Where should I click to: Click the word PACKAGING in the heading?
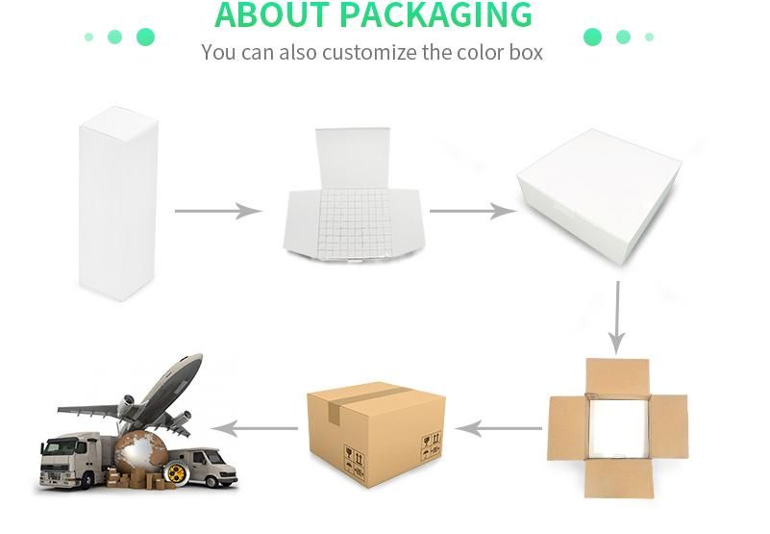pos(435,14)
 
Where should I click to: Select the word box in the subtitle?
pos(525,52)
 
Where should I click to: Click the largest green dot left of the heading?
pos(145,38)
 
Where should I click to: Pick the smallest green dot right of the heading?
pos(650,38)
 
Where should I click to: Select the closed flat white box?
pos(599,196)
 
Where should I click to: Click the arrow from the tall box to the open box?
pos(218,211)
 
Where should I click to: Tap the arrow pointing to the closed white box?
pos(472,211)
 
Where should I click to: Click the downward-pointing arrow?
pos(617,317)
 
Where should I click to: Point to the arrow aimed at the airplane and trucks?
pos(254,427)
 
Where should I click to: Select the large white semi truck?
pos(72,461)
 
